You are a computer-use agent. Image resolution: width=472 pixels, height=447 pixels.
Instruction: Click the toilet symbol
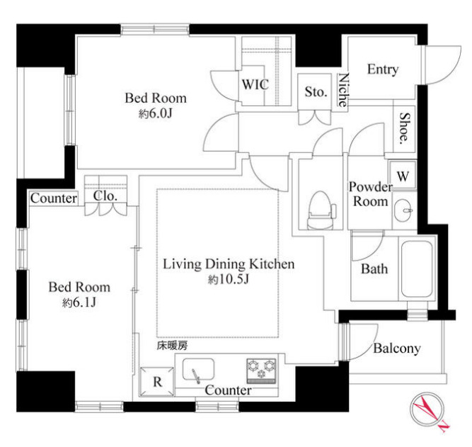tap(321, 210)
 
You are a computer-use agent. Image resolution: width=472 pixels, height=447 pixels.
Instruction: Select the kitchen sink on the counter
tap(198, 370)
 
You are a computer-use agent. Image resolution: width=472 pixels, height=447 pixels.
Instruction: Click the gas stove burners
tap(261, 370)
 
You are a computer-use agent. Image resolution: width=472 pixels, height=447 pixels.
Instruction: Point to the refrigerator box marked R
tap(157, 382)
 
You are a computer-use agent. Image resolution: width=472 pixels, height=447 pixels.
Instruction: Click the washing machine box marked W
tap(403, 176)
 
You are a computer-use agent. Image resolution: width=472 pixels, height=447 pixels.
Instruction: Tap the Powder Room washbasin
tap(404, 210)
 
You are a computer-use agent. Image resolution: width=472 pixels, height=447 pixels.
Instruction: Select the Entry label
tap(383, 69)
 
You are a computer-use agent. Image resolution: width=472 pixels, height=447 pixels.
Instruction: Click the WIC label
tap(255, 85)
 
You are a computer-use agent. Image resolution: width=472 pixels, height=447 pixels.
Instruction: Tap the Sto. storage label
tap(316, 91)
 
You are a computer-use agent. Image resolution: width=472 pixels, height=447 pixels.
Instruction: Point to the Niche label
tap(343, 90)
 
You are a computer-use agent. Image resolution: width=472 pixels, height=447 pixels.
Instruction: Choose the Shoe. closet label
tap(405, 128)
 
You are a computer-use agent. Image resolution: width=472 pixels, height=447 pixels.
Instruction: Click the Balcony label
tap(397, 349)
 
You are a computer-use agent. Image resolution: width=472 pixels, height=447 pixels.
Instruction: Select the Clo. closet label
tap(105, 196)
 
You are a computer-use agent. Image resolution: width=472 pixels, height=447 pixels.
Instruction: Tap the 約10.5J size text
tap(228, 280)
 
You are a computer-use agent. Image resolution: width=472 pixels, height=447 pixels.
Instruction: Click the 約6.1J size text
tap(79, 302)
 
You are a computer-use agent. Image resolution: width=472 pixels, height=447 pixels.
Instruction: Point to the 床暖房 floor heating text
tap(172, 346)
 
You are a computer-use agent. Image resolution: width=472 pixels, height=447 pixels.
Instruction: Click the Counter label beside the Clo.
tap(54, 198)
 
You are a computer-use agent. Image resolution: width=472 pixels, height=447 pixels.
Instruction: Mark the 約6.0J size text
tap(155, 113)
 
